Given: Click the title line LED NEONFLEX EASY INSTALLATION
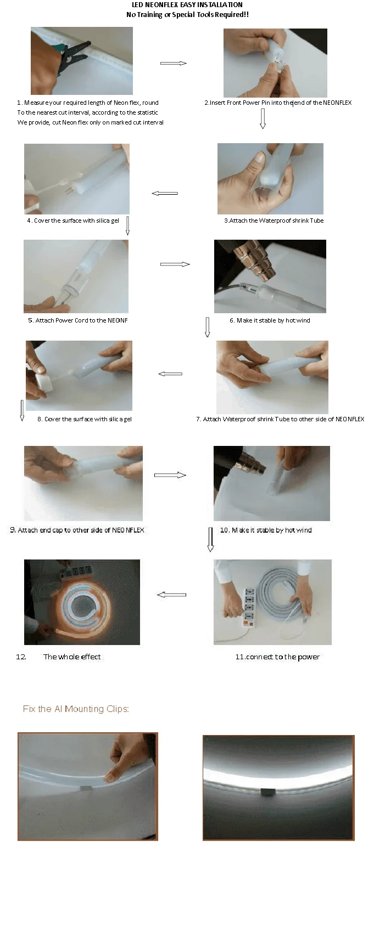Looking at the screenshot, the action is point(187,4).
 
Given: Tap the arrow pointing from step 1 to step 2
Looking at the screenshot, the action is point(173,63).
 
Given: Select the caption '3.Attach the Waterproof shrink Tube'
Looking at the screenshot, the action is point(274,220).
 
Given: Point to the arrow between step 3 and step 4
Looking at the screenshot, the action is point(165,193).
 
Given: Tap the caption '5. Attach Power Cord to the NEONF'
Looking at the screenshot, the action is point(78,320).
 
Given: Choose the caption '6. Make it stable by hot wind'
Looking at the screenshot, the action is point(270,320).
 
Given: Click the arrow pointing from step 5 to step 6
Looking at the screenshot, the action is point(175,264).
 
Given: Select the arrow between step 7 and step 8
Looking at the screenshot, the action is point(171,374).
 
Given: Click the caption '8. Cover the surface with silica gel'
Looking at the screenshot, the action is point(85,419).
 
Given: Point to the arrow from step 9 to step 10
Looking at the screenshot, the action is point(170,475).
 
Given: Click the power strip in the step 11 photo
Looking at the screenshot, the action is point(249,607).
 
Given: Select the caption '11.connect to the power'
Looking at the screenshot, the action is point(277,657).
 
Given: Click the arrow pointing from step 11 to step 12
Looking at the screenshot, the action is point(171,595).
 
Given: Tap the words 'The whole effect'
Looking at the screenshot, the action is point(72,657).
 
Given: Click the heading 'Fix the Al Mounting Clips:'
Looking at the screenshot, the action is point(76,709).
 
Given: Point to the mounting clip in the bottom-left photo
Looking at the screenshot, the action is point(86,788).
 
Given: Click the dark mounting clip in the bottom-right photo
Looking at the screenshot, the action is point(267,792).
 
